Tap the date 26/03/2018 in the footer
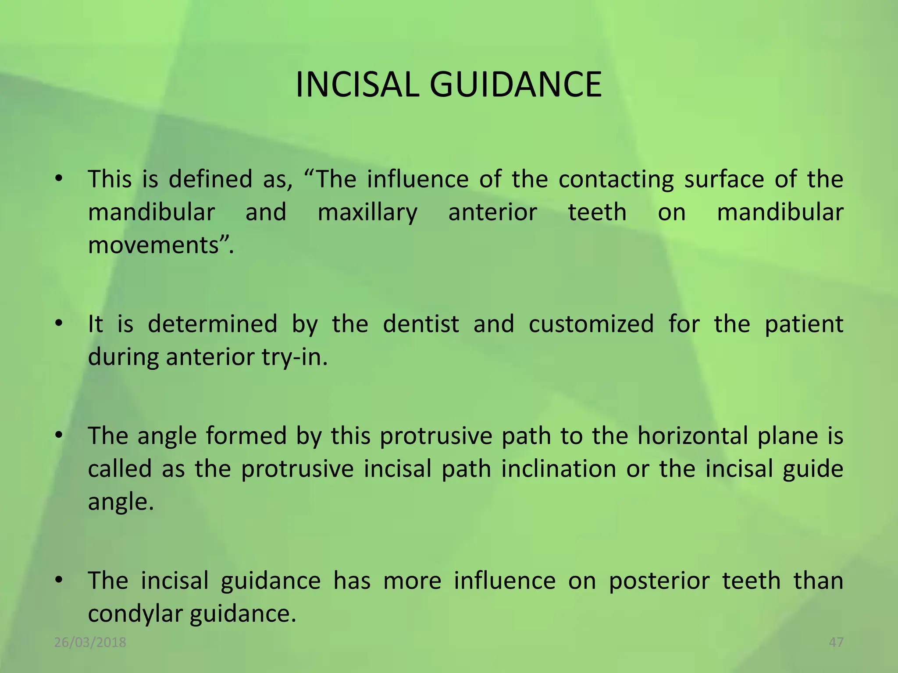tap(90, 642)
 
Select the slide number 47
tap(836, 642)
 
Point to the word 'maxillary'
tap(367, 213)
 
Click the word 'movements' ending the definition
tap(153, 245)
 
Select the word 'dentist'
tap(421, 324)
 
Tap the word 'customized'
tap(591, 324)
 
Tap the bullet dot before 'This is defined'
tap(59, 179)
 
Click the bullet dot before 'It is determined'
tap(59, 324)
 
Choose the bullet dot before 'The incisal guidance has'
tap(59, 581)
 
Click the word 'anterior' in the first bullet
tap(492, 213)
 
